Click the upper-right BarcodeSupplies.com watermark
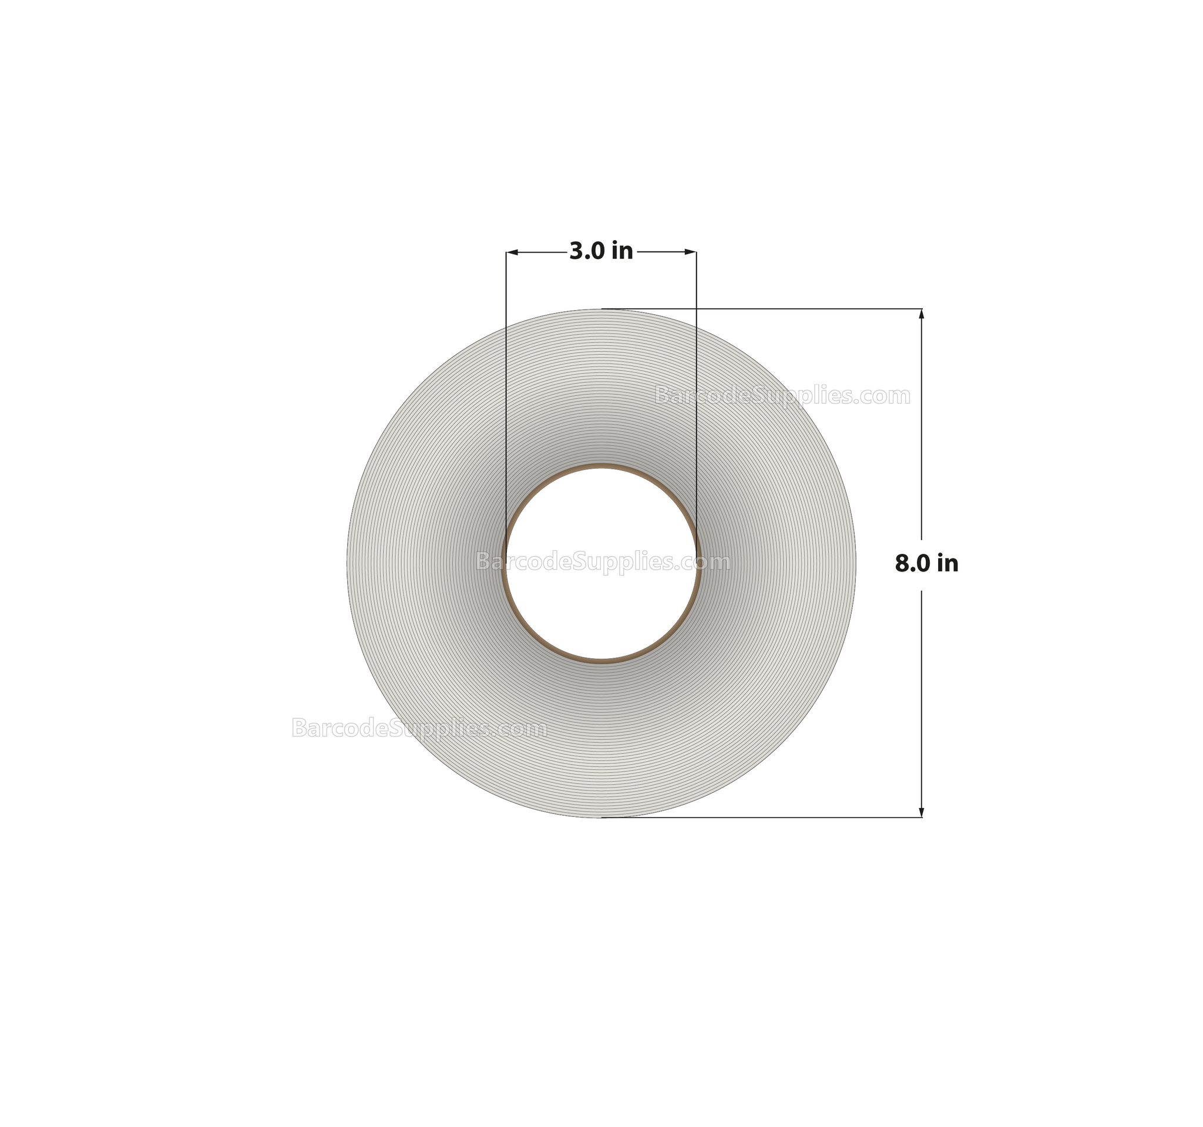pos(782,396)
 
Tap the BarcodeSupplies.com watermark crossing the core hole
pos(603,562)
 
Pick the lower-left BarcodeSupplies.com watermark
pos(419,728)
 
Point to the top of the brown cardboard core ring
pos(601,466)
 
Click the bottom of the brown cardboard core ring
pos(601,661)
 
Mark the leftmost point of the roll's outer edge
pos(347,563)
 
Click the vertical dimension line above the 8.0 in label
pos(922,423)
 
